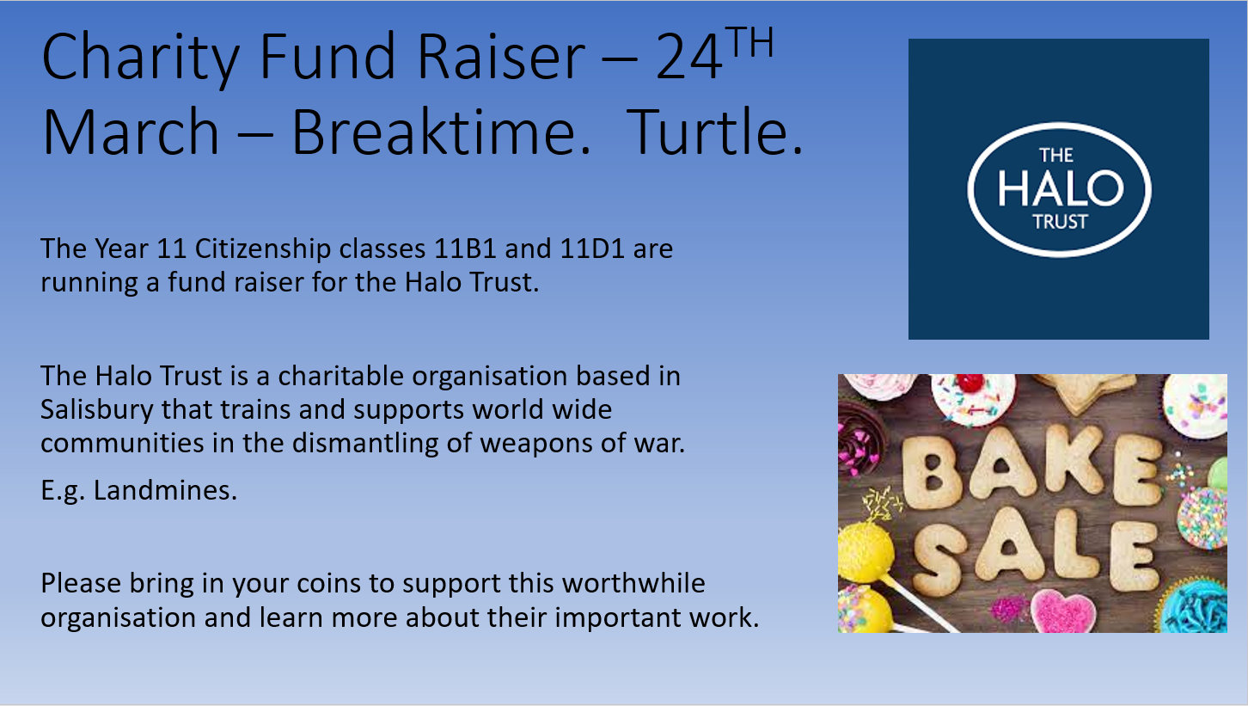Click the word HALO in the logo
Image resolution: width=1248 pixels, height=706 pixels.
pos(1060,187)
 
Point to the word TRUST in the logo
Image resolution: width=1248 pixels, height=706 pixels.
pos(1061,222)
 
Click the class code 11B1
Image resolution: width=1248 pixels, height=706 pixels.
pos(465,249)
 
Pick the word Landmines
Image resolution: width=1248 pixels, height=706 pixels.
pos(165,490)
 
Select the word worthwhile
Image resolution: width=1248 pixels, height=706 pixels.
pos(633,583)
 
